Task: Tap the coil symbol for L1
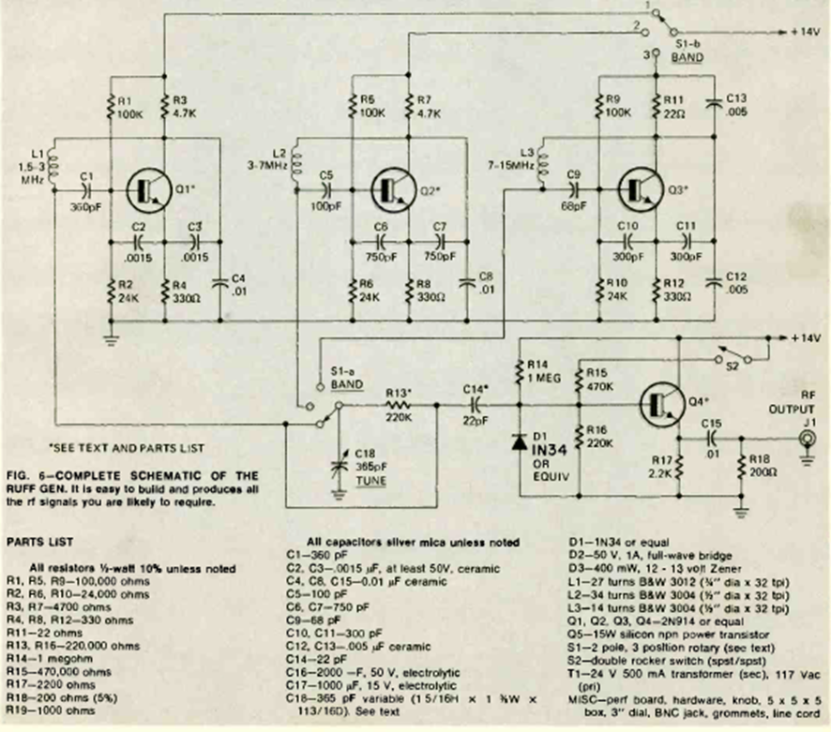pos(53,165)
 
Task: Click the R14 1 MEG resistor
pos(519,373)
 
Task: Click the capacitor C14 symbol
pos(476,405)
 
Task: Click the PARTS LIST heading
pos(38,542)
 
